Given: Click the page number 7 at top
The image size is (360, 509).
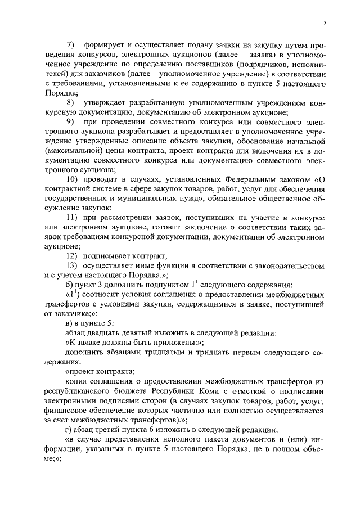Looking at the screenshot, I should point(325,22).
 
